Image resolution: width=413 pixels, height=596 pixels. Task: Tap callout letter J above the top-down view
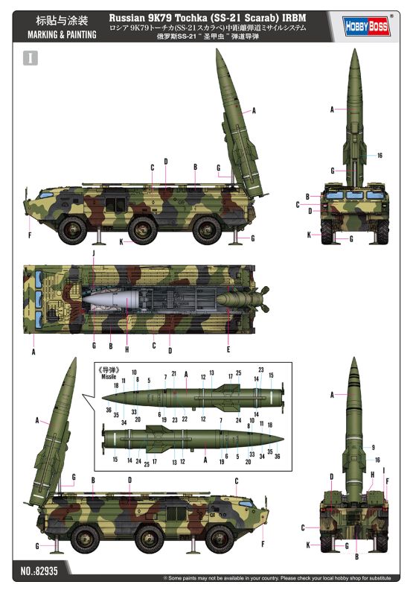[93, 254]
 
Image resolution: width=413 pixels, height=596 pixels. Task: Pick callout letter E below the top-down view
[227, 349]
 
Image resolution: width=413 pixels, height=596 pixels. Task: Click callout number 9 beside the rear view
[372, 447]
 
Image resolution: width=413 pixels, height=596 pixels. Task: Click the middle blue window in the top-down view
[39, 302]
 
